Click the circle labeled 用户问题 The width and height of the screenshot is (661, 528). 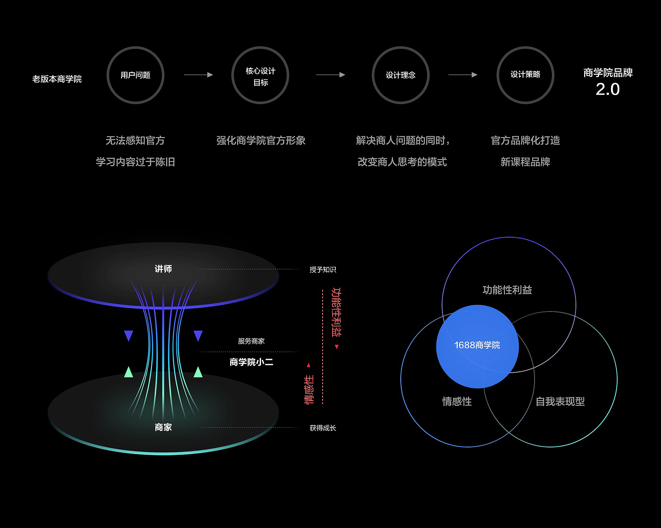click(136, 75)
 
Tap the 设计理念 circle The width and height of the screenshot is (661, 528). click(400, 75)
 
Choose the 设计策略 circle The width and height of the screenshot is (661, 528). click(525, 75)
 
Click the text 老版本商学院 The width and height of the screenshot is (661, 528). click(57, 79)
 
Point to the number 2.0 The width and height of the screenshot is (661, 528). click(607, 89)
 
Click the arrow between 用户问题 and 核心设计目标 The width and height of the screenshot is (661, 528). click(198, 75)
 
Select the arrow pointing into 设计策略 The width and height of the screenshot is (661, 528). click(463, 75)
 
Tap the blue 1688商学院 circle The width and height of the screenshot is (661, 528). click(477, 346)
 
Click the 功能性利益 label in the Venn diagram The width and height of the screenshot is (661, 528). click(507, 290)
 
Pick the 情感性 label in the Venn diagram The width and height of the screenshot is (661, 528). click(457, 401)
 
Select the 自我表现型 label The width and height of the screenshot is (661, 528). click(560, 401)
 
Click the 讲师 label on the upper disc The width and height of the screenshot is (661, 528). click(163, 269)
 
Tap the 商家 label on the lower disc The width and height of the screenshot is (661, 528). click(163, 427)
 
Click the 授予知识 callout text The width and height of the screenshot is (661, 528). click(323, 270)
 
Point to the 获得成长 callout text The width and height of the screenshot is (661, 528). click(323, 428)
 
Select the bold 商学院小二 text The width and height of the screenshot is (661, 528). click(251, 362)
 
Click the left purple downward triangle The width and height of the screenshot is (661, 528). click(128, 335)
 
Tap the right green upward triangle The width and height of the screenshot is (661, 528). click(198, 372)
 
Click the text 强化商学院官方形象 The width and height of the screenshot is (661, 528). click(261, 140)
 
